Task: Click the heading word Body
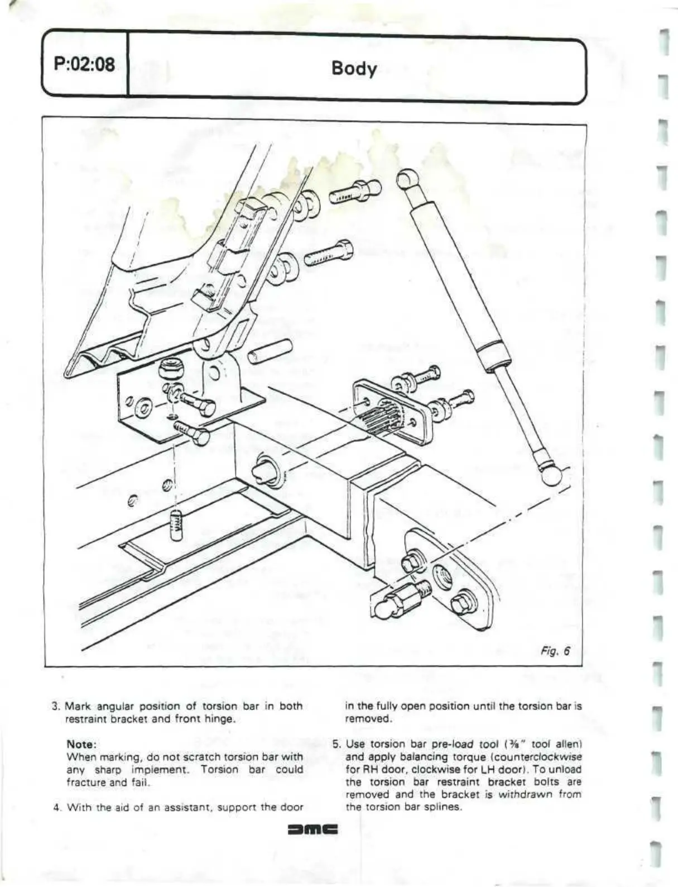tap(354, 69)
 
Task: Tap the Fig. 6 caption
tap(556, 651)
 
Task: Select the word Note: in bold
tap(82, 745)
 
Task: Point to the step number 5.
tap(336, 745)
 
